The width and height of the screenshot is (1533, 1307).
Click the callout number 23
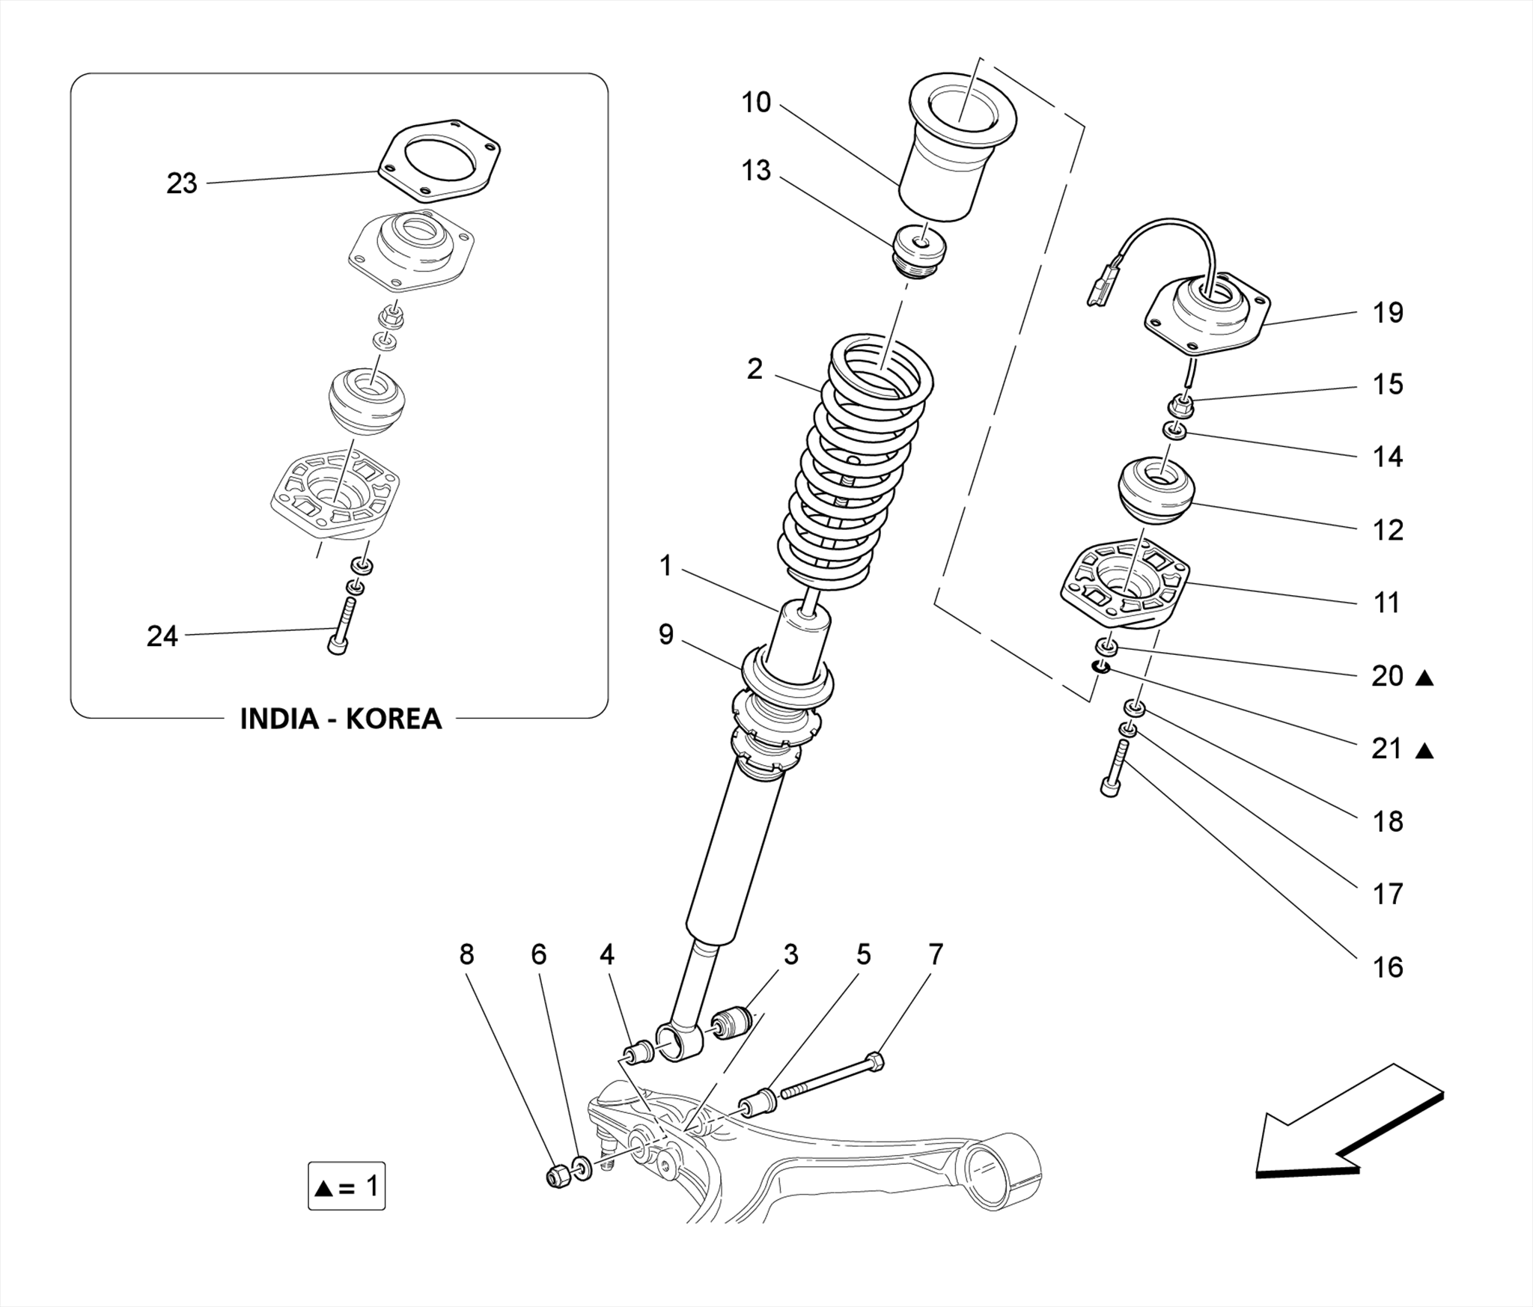181,183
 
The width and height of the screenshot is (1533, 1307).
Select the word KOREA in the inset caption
394,719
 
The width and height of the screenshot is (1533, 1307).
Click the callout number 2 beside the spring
755,369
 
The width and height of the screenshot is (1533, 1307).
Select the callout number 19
1387,313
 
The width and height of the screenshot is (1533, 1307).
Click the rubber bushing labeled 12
1156,490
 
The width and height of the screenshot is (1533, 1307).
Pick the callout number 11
1386,603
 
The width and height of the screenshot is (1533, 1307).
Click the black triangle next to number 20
1424,678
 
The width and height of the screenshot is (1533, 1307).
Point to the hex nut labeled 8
557,1177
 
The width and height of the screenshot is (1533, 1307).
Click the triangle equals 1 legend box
347,1186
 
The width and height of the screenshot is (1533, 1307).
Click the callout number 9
665,635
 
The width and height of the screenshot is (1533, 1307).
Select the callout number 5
864,954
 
